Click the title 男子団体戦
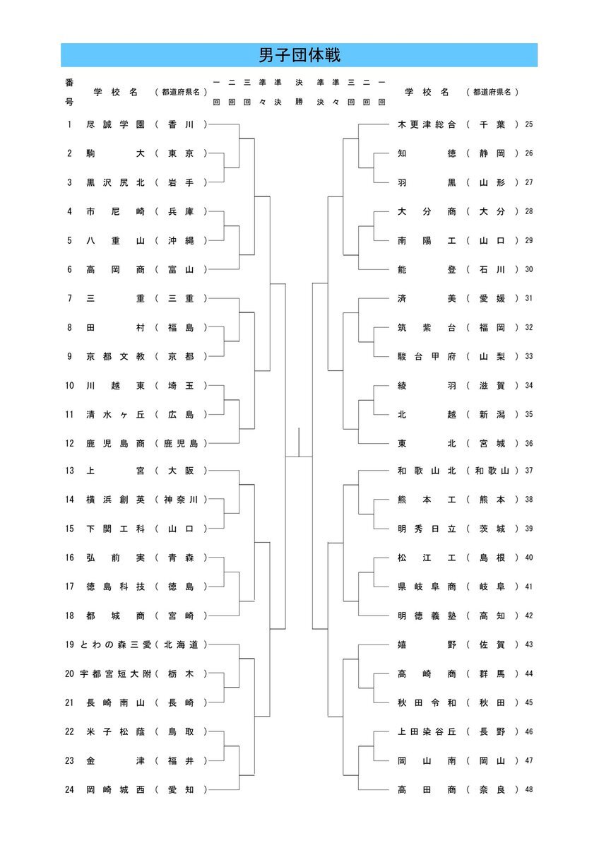[x=299, y=55]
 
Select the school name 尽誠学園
[x=115, y=124]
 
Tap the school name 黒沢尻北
[x=115, y=182]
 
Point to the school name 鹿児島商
[x=115, y=443]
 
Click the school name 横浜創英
[x=115, y=500]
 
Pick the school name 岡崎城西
[x=115, y=790]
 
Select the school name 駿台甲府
[x=427, y=356]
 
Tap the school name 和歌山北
[x=427, y=471]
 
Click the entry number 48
[x=529, y=790]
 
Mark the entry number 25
[x=529, y=124]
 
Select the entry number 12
[x=69, y=443]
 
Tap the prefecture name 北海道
[x=181, y=644]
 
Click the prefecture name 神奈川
[x=181, y=500]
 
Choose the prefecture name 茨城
[x=492, y=529]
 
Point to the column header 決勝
[x=299, y=92]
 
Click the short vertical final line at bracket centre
[x=299, y=442]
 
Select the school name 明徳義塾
[x=427, y=616]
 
